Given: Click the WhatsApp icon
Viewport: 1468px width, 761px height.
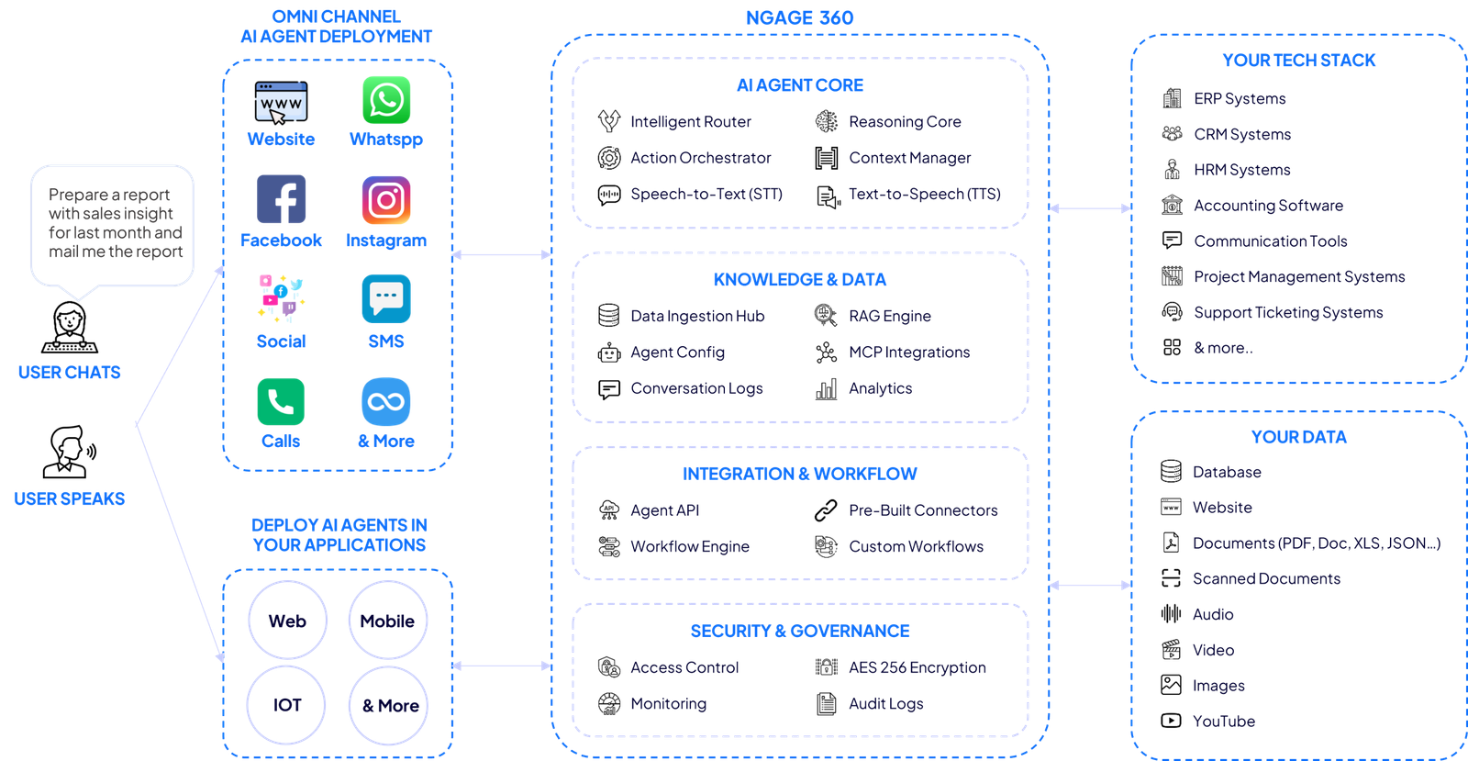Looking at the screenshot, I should [x=386, y=100].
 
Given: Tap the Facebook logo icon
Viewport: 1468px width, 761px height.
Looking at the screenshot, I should [x=281, y=199].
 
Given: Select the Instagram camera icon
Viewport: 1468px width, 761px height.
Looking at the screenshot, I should [x=386, y=200].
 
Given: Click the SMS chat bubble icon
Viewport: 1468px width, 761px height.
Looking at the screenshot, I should [x=386, y=298].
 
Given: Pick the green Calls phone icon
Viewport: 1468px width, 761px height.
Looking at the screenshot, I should [x=280, y=401].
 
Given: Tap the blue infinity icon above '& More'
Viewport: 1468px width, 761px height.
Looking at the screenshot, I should [x=386, y=401].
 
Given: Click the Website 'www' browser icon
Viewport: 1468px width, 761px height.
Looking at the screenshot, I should [x=281, y=102].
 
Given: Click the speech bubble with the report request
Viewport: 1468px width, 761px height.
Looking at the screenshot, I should [x=113, y=225].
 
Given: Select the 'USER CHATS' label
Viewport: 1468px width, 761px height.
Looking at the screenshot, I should [x=69, y=373].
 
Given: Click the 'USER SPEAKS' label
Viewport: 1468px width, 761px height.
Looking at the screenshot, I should [x=69, y=499].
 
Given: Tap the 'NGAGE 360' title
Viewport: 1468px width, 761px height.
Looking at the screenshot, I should [x=799, y=17].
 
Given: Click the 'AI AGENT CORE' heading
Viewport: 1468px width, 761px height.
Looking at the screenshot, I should [x=800, y=85].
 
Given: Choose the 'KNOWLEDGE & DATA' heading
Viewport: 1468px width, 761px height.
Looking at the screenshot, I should [x=800, y=280].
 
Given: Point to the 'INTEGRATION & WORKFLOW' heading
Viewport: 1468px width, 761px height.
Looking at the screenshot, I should [x=800, y=474].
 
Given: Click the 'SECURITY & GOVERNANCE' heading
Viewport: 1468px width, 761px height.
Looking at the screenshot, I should [x=800, y=631].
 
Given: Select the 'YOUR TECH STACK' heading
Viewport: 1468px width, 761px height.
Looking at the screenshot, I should [x=1299, y=61].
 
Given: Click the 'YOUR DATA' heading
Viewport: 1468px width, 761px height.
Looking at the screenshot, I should [x=1299, y=438].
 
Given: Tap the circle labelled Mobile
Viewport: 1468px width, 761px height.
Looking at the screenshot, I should [x=387, y=621].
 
